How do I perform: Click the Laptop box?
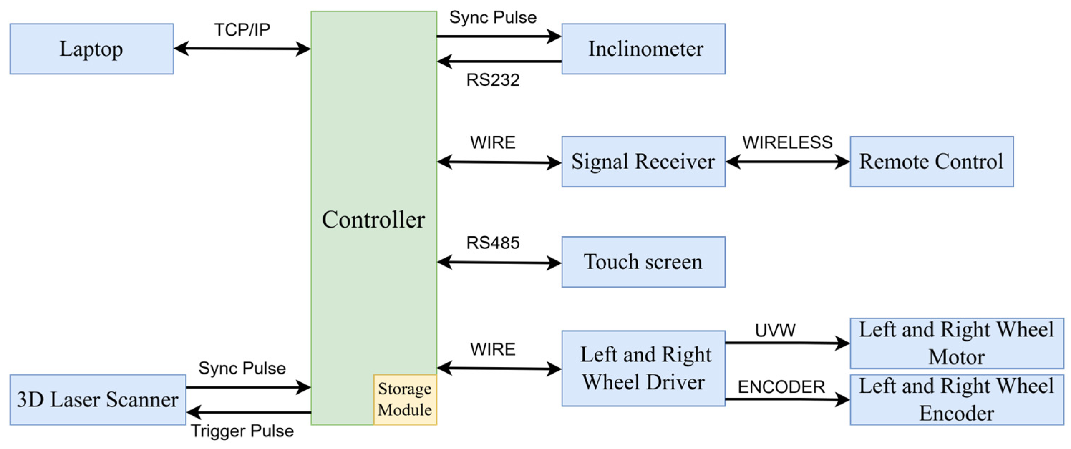[92, 49]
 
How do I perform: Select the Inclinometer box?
[643, 49]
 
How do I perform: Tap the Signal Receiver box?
[643, 162]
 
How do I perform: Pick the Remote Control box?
[931, 162]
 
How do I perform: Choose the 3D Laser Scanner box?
[98, 400]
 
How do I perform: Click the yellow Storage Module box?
[404, 400]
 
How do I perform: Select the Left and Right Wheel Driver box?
[643, 369]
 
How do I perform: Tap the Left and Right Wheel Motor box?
[956, 343]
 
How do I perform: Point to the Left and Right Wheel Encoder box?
[956, 400]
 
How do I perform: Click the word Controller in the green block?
[373, 219]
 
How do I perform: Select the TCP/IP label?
[242, 30]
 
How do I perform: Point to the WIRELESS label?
[787, 143]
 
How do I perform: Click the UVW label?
[775, 331]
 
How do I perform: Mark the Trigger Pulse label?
[242, 431]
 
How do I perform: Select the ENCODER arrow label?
[781, 387]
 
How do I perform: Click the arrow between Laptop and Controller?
[242, 49]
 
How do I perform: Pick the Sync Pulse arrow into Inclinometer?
[499, 36]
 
